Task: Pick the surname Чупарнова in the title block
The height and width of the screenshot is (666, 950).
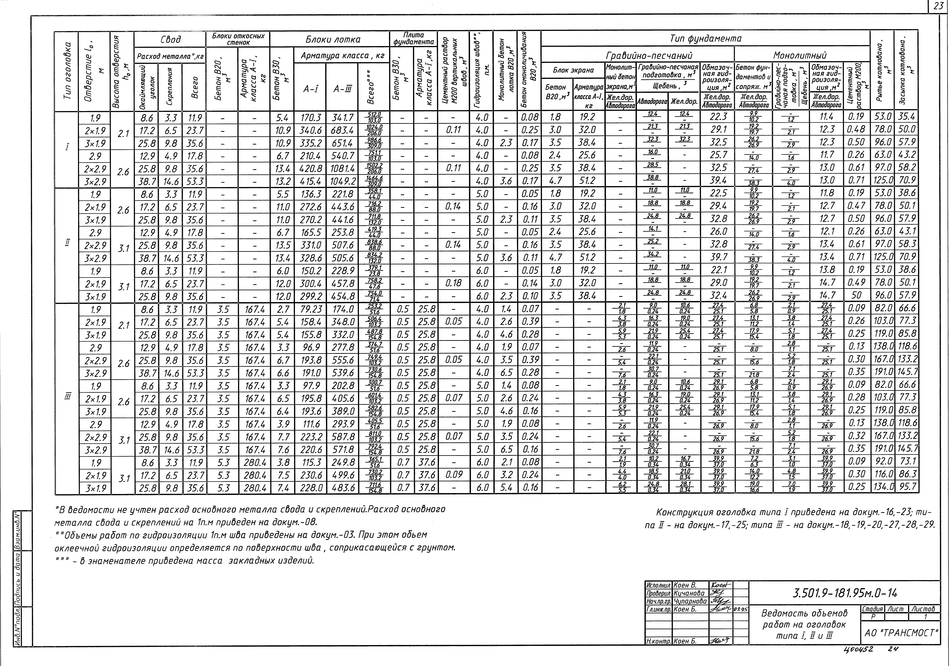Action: click(690, 601)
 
